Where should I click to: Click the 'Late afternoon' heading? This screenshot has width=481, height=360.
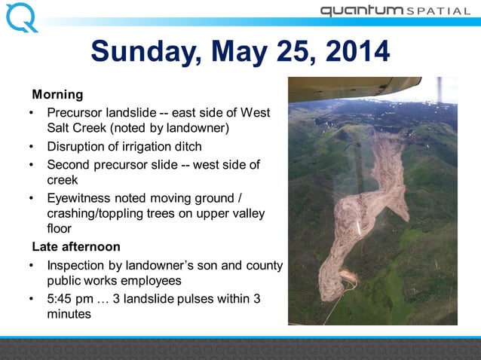(75, 247)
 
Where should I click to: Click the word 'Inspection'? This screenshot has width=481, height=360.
(80, 266)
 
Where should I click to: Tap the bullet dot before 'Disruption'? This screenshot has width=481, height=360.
(32, 146)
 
